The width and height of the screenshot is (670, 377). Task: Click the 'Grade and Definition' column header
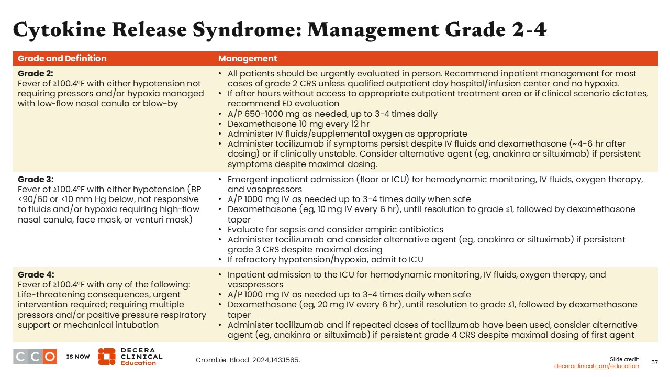pyautogui.click(x=62, y=59)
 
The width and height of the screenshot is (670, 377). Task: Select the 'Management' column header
pyautogui.click(x=248, y=59)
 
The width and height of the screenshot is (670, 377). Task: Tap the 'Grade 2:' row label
pyautogui.click(x=36, y=74)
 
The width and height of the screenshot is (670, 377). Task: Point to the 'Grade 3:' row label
pyautogui.click(x=36, y=179)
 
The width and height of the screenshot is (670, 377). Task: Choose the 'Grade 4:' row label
pyautogui.click(x=36, y=275)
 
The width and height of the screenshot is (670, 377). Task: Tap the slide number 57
pyautogui.click(x=654, y=362)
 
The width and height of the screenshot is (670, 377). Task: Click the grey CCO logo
pyautogui.click(x=35, y=357)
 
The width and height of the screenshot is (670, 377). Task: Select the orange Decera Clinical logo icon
pyautogui.click(x=106, y=357)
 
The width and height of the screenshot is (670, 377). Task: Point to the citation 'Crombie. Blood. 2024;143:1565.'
pyautogui.click(x=248, y=360)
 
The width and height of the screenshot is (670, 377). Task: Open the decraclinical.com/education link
pyautogui.click(x=596, y=366)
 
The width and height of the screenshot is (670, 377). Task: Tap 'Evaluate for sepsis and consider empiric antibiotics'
pyautogui.click(x=336, y=229)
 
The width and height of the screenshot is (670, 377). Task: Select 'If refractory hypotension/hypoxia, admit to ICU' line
pyautogui.click(x=325, y=259)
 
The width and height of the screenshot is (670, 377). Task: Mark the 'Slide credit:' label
pyautogui.click(x=624, y=359)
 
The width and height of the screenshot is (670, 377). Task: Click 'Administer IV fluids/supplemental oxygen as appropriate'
pyautogui.click(x=347, y=134)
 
